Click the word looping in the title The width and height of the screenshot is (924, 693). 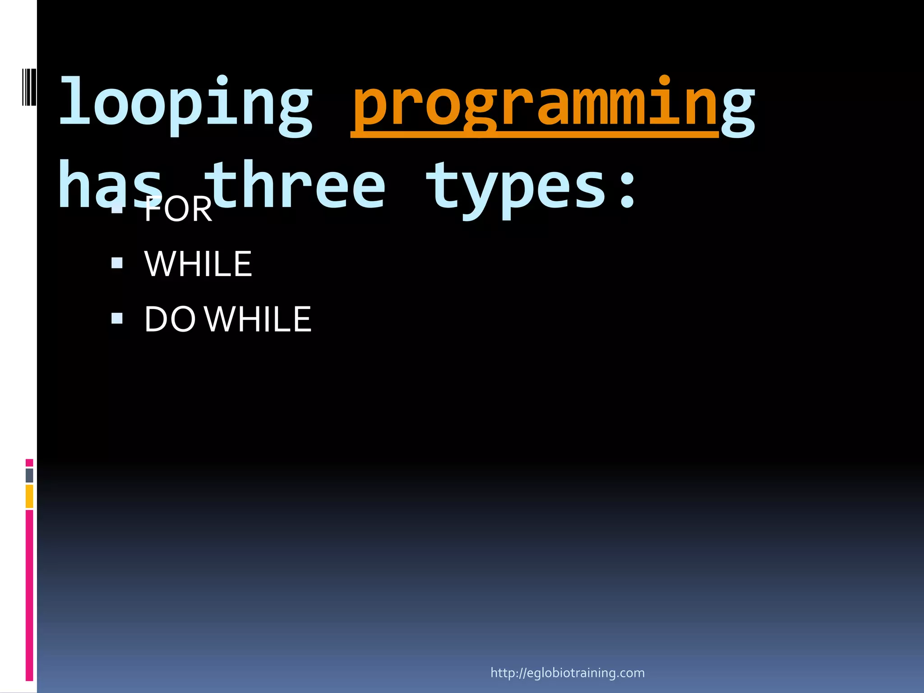(x=185, y=105)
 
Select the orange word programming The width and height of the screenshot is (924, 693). (x=535, y=105)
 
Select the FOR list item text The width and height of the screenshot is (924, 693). (x=178, y=210)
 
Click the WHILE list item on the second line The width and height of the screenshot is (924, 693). (x=198, y=264)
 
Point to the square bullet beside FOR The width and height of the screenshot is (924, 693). (x=117, y=209)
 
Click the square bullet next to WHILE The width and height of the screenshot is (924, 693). (x=117, y=263)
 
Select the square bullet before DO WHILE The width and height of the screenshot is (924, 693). (x=117, y=319)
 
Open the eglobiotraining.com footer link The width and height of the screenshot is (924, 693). (x=568, y=673)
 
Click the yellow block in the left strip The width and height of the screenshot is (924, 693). (x=29, y=496)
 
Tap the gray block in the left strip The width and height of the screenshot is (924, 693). (x=29, y=476)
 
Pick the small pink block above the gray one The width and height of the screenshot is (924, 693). (x=29, y=462)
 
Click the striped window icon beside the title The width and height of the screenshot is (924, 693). (x=29, y=87)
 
